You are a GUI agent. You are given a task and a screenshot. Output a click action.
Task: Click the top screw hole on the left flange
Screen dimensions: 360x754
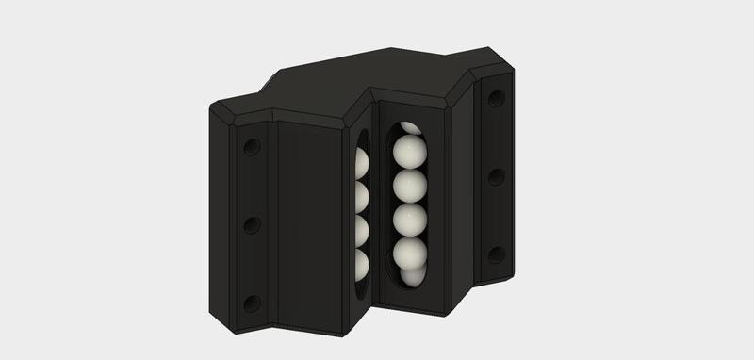[251, 149]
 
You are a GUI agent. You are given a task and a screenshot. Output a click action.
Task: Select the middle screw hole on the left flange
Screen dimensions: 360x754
[251, 224]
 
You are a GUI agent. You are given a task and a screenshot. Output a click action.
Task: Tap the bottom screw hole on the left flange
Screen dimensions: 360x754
[251, 302]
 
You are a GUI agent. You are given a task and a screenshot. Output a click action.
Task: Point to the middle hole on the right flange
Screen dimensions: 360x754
[495, 176]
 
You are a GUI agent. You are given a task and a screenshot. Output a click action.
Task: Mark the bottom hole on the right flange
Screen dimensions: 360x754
[495, 254]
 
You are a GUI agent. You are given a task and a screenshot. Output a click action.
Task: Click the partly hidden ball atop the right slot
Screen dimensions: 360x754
[409, 128]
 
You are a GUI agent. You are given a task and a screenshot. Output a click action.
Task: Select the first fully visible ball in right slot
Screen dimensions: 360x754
[409, 151]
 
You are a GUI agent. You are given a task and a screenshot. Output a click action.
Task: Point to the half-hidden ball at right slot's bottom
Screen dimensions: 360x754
[413, 274]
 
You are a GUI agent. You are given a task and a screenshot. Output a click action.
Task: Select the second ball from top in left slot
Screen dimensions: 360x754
[362, 196]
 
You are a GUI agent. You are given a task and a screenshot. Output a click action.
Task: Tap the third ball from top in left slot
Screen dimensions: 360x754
[362, 230]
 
